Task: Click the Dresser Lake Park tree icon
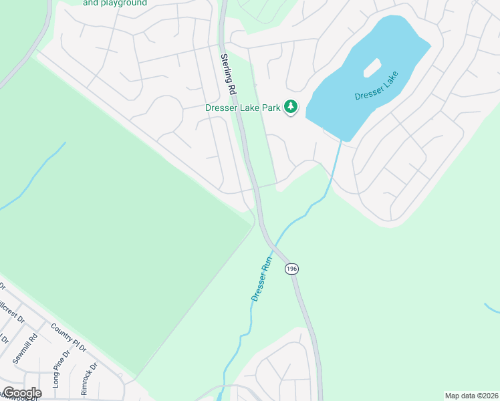291,107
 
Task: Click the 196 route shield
291,269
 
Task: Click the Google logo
21,393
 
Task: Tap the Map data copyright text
471,396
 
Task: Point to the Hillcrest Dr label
12,311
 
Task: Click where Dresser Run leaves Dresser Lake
342,140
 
